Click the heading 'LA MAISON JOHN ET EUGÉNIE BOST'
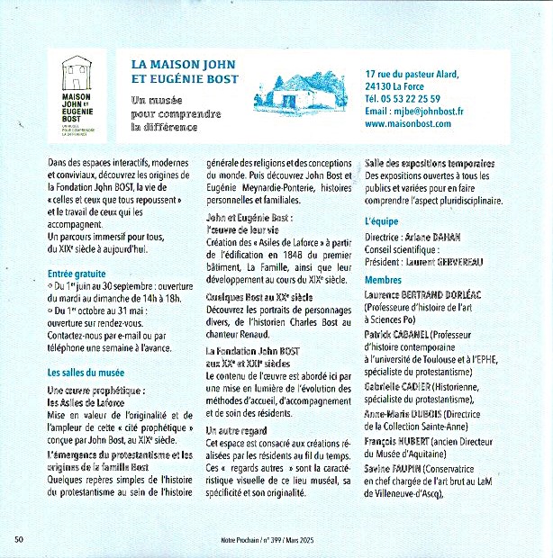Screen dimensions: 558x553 pos(186,72)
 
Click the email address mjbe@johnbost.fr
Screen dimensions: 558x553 pos(414,112)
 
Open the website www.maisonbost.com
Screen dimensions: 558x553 pos(408,124)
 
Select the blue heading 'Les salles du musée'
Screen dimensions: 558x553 pos(86,371)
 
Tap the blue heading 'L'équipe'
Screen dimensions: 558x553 pos(383,220)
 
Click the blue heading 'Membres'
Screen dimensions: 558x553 pos(383,279)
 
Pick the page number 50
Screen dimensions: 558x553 pos(18,539)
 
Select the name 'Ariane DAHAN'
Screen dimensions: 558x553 pos(431,236)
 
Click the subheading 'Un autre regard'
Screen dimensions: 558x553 pos(237,431)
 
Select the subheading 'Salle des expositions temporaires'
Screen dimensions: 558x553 pos(429,163)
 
